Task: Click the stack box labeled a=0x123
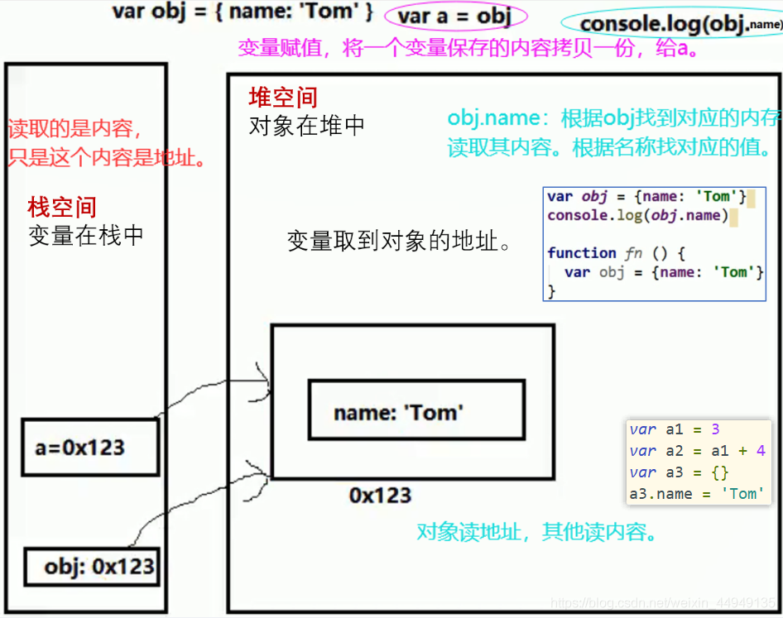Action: coord(89,448)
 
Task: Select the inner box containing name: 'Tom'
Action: coord(416,410)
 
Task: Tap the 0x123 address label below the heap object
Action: coord(380,496)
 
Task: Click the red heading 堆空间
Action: coord(283,98)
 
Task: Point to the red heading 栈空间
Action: coord(62,208)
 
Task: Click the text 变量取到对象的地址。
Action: coord(399,242)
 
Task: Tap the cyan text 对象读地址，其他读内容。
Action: coord(538,532)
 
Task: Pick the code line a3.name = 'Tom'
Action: coord(694,494)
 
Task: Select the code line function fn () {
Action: coord(616,253)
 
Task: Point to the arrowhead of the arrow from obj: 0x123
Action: coord(267,477)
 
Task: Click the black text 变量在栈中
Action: coord(86,236)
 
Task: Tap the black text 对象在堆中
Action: coord(307,127)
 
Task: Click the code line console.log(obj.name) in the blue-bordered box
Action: coord(637,216)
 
